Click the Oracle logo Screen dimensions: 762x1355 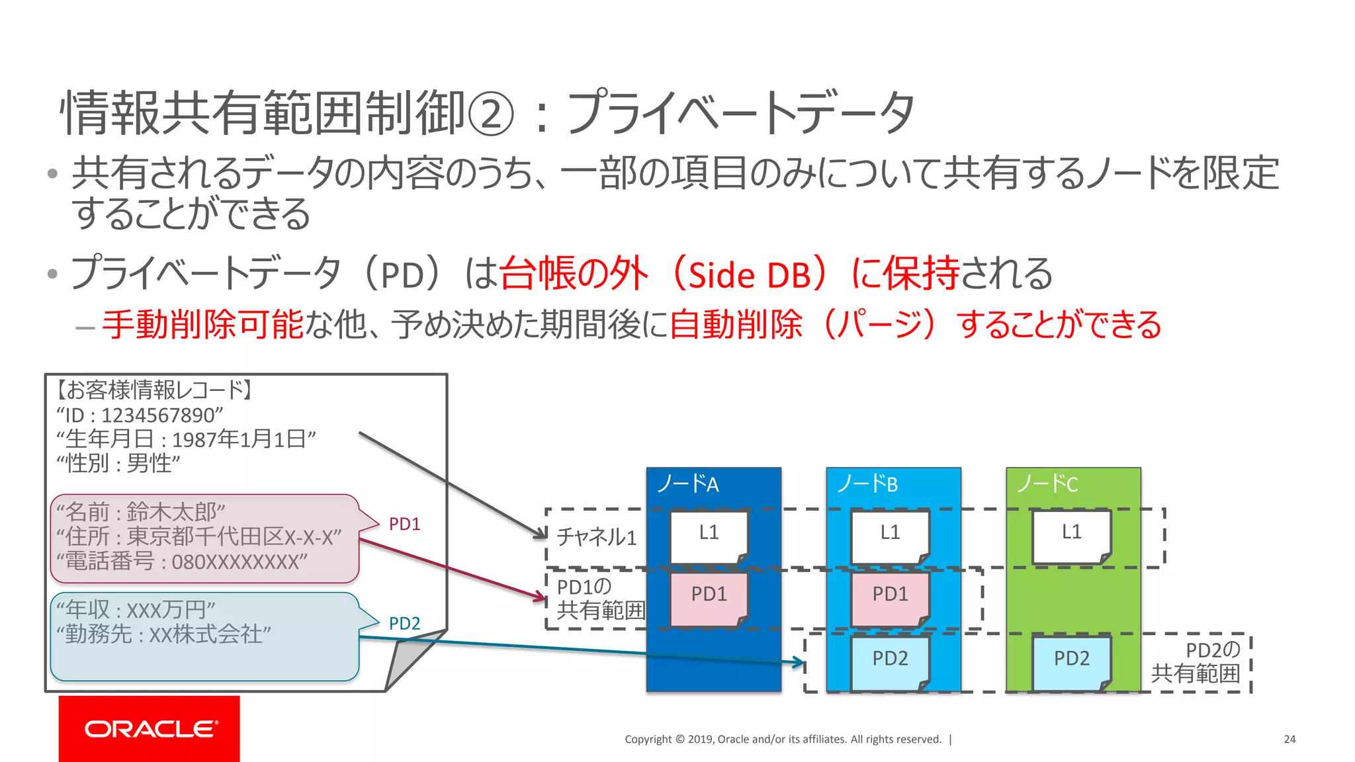click(x=150, y=728)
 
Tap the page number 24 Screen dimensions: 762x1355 click(x=1289, y=739)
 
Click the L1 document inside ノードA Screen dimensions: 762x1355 click(x=709, y=536)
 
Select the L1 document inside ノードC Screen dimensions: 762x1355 click(x=1071, y=536)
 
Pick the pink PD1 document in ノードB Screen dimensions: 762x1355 click(x=890, y=598)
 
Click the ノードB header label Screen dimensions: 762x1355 click(x=867, y=484)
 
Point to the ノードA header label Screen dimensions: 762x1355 click(x=687, y=484)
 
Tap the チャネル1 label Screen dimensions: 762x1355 click(x=596, y=536)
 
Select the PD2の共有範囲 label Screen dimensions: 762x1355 click(x=1196, y=661)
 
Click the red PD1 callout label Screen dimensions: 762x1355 click(x=404, y=524)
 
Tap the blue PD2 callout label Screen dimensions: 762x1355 click(x=404, y=623)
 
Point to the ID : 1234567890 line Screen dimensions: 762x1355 click(x=140, y=415)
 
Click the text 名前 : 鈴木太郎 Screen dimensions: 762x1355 click(x=141, y=512)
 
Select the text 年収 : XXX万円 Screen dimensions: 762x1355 click(x=136, y=609)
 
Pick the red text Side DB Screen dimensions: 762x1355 click(x=749, y=275)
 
